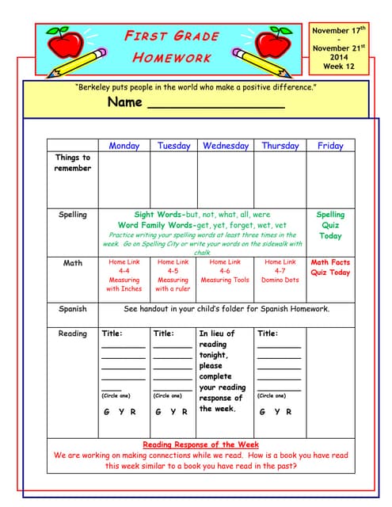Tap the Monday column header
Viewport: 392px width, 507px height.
[124, 146]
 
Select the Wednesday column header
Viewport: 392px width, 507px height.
[226, 146]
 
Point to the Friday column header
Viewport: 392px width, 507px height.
[330, 146]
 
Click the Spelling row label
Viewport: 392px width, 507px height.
[72, 215]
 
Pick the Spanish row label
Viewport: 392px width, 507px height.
[72, 309]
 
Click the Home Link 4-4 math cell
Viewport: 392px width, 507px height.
[124, 275]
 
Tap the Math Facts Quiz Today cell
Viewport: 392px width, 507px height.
[330, 267]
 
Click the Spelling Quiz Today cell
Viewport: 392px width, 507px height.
[330, 225]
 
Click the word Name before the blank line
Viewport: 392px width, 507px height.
[124, 102]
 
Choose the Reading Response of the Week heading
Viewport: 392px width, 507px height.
[200, 444]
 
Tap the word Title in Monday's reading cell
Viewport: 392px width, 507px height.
[112, 334]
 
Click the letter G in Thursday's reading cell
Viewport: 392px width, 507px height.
[262, 412]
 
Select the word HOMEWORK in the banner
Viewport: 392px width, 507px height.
[171, 57]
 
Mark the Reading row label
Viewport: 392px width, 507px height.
[72, 334]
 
